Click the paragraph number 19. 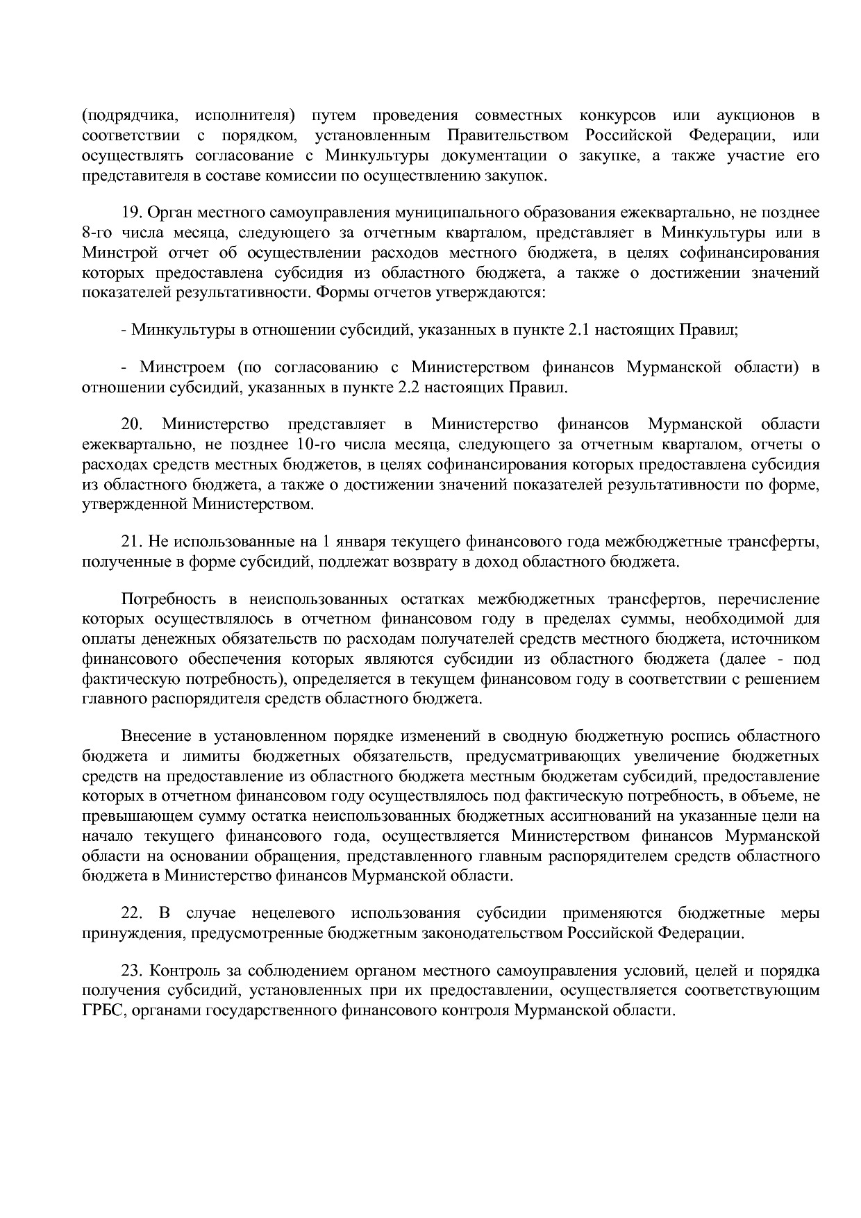pos(132,212)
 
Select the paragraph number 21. pos(132,542)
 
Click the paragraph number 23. pos(132,970)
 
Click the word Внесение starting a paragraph pos(156,736)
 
